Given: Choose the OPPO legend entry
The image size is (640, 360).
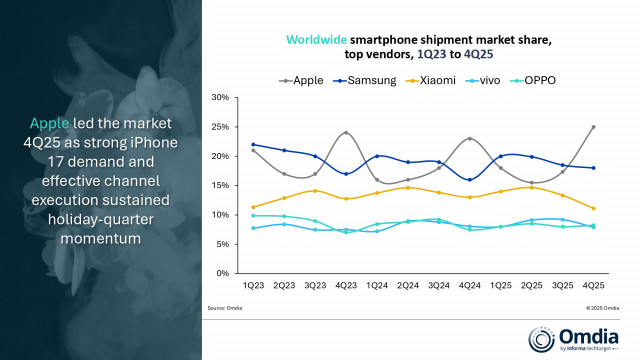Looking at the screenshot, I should click(544, 79).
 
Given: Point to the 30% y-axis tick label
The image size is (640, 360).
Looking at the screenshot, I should click(220, 98).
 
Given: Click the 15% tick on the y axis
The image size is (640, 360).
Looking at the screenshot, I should click(220, 185).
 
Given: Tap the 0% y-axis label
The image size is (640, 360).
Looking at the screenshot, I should click(223, 273).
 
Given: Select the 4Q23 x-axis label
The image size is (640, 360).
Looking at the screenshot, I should click(348, 286).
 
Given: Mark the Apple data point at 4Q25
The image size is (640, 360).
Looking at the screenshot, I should click(593, 127).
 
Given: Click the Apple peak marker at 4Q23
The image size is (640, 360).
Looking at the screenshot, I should click(347, 133).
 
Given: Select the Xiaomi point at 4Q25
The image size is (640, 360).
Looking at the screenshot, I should click(593, 208).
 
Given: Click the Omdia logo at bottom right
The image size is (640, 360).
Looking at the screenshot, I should click(576, 336).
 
